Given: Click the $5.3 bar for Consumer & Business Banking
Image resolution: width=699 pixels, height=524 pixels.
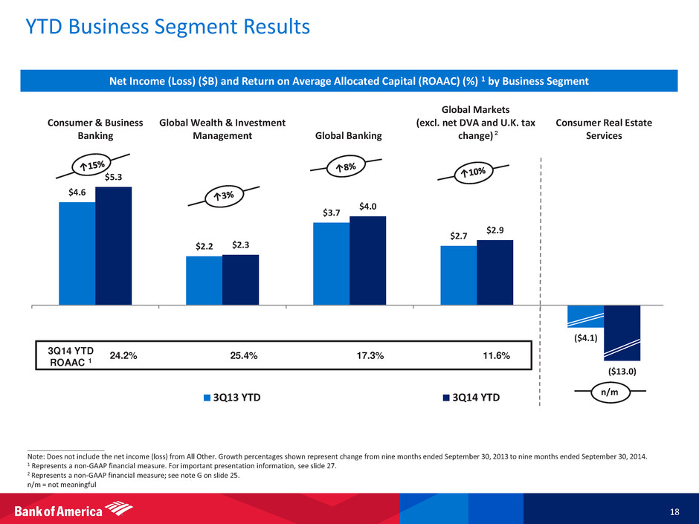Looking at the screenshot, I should (114, 245).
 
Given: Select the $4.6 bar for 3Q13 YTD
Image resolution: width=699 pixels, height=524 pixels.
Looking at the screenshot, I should (77, 253).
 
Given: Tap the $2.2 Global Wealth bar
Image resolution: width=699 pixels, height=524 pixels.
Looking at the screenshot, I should (204, 280).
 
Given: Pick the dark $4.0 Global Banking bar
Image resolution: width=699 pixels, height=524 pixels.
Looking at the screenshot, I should (368, 260).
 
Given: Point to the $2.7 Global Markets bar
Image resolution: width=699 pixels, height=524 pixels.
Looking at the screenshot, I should (459, 275).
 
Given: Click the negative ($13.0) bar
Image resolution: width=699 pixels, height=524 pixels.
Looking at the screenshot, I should (622, 333).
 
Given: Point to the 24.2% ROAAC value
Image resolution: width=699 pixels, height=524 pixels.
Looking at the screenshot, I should (123, 355).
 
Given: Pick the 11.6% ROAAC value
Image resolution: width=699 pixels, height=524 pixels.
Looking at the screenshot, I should (497, 355).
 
